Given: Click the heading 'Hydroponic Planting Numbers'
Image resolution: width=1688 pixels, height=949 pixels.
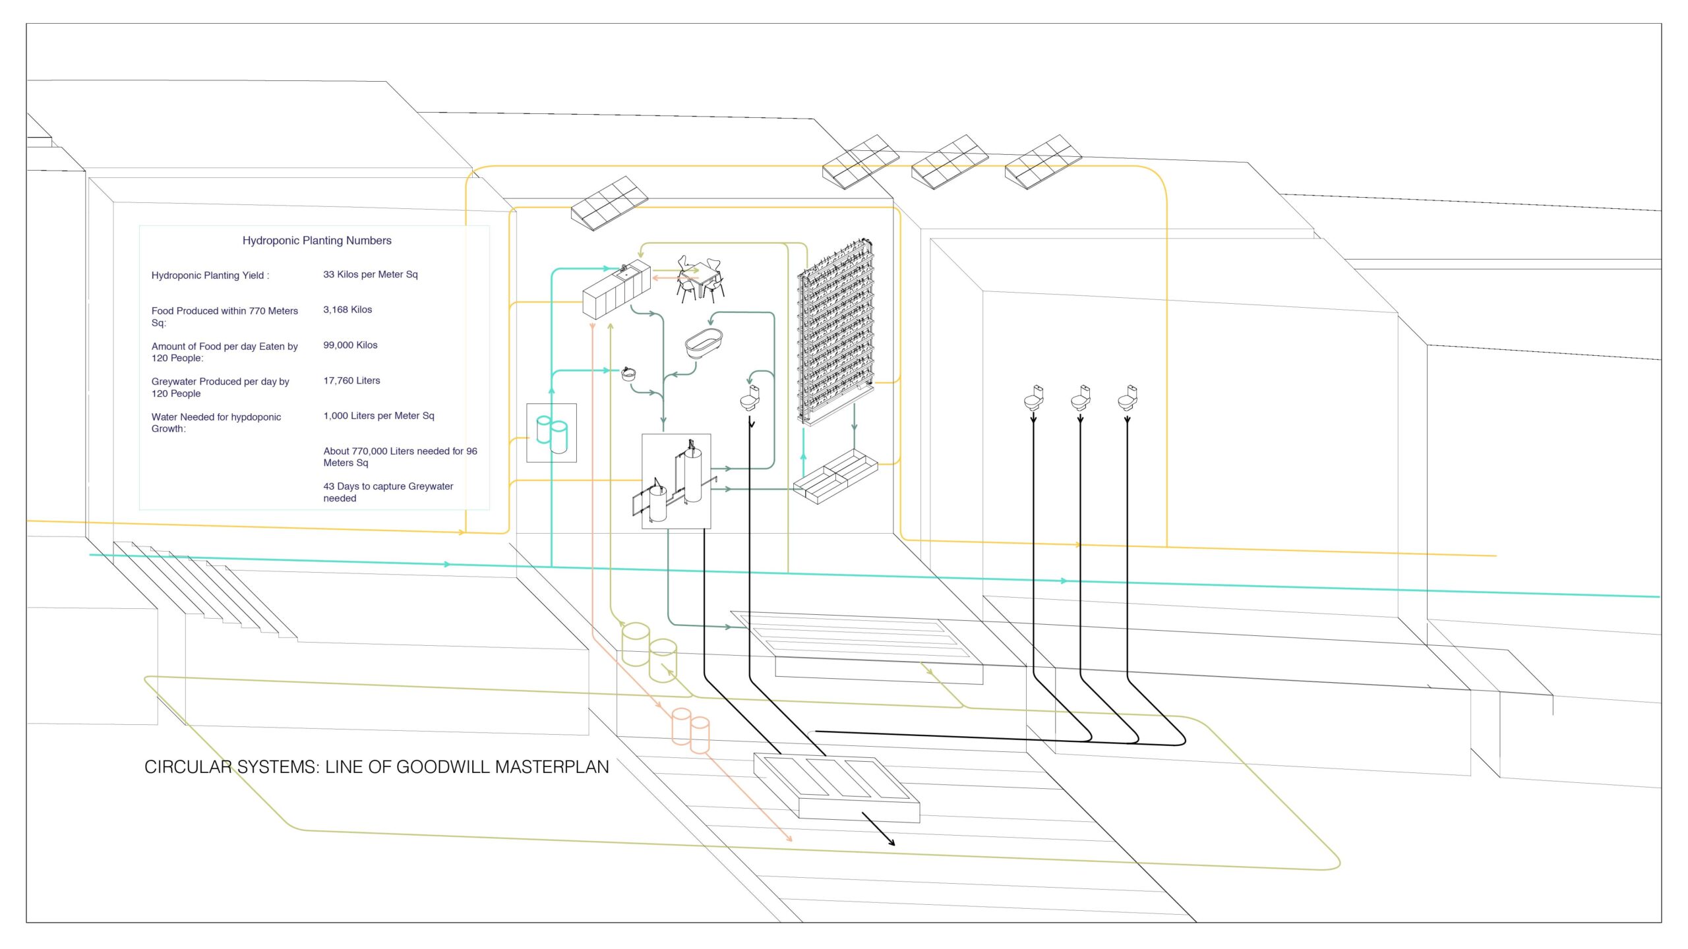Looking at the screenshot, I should (x=316, y=241).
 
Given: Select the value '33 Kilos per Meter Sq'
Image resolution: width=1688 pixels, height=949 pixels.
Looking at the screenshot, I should (x=370, y=274).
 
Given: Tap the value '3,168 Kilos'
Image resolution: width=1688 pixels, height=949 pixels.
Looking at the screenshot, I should (x=347, y=310).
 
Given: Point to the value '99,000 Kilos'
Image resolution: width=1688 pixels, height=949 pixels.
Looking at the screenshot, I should (x=350, y=345).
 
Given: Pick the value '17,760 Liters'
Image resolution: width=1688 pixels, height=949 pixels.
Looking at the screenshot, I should (x=351, y=380).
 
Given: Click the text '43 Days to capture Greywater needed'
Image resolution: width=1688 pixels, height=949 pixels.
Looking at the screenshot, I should (x=388, y=492).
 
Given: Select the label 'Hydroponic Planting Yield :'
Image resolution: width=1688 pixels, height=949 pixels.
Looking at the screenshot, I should (x=210, y=275).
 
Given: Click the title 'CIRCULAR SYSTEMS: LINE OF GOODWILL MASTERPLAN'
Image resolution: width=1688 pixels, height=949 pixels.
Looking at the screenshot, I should (x=377, y=767).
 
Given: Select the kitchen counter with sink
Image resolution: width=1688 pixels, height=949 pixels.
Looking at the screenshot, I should (x=616, y=291).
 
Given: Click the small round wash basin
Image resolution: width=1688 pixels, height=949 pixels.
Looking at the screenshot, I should (x=629, y=374).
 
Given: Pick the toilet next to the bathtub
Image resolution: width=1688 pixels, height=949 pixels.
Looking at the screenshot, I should (x=750, y=398).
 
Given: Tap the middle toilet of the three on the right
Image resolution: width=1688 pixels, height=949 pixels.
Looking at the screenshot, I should (x=1081, y=398).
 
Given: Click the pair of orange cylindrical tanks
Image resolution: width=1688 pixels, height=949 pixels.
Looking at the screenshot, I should (x=690, y=730).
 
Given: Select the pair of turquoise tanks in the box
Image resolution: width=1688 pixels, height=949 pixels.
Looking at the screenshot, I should (x=552, y=433).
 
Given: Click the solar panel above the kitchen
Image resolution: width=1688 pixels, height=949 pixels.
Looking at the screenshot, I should (x=609, y=202).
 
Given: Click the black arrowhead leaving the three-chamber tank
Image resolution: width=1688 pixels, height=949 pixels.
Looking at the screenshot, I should (x=891, y=842).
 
